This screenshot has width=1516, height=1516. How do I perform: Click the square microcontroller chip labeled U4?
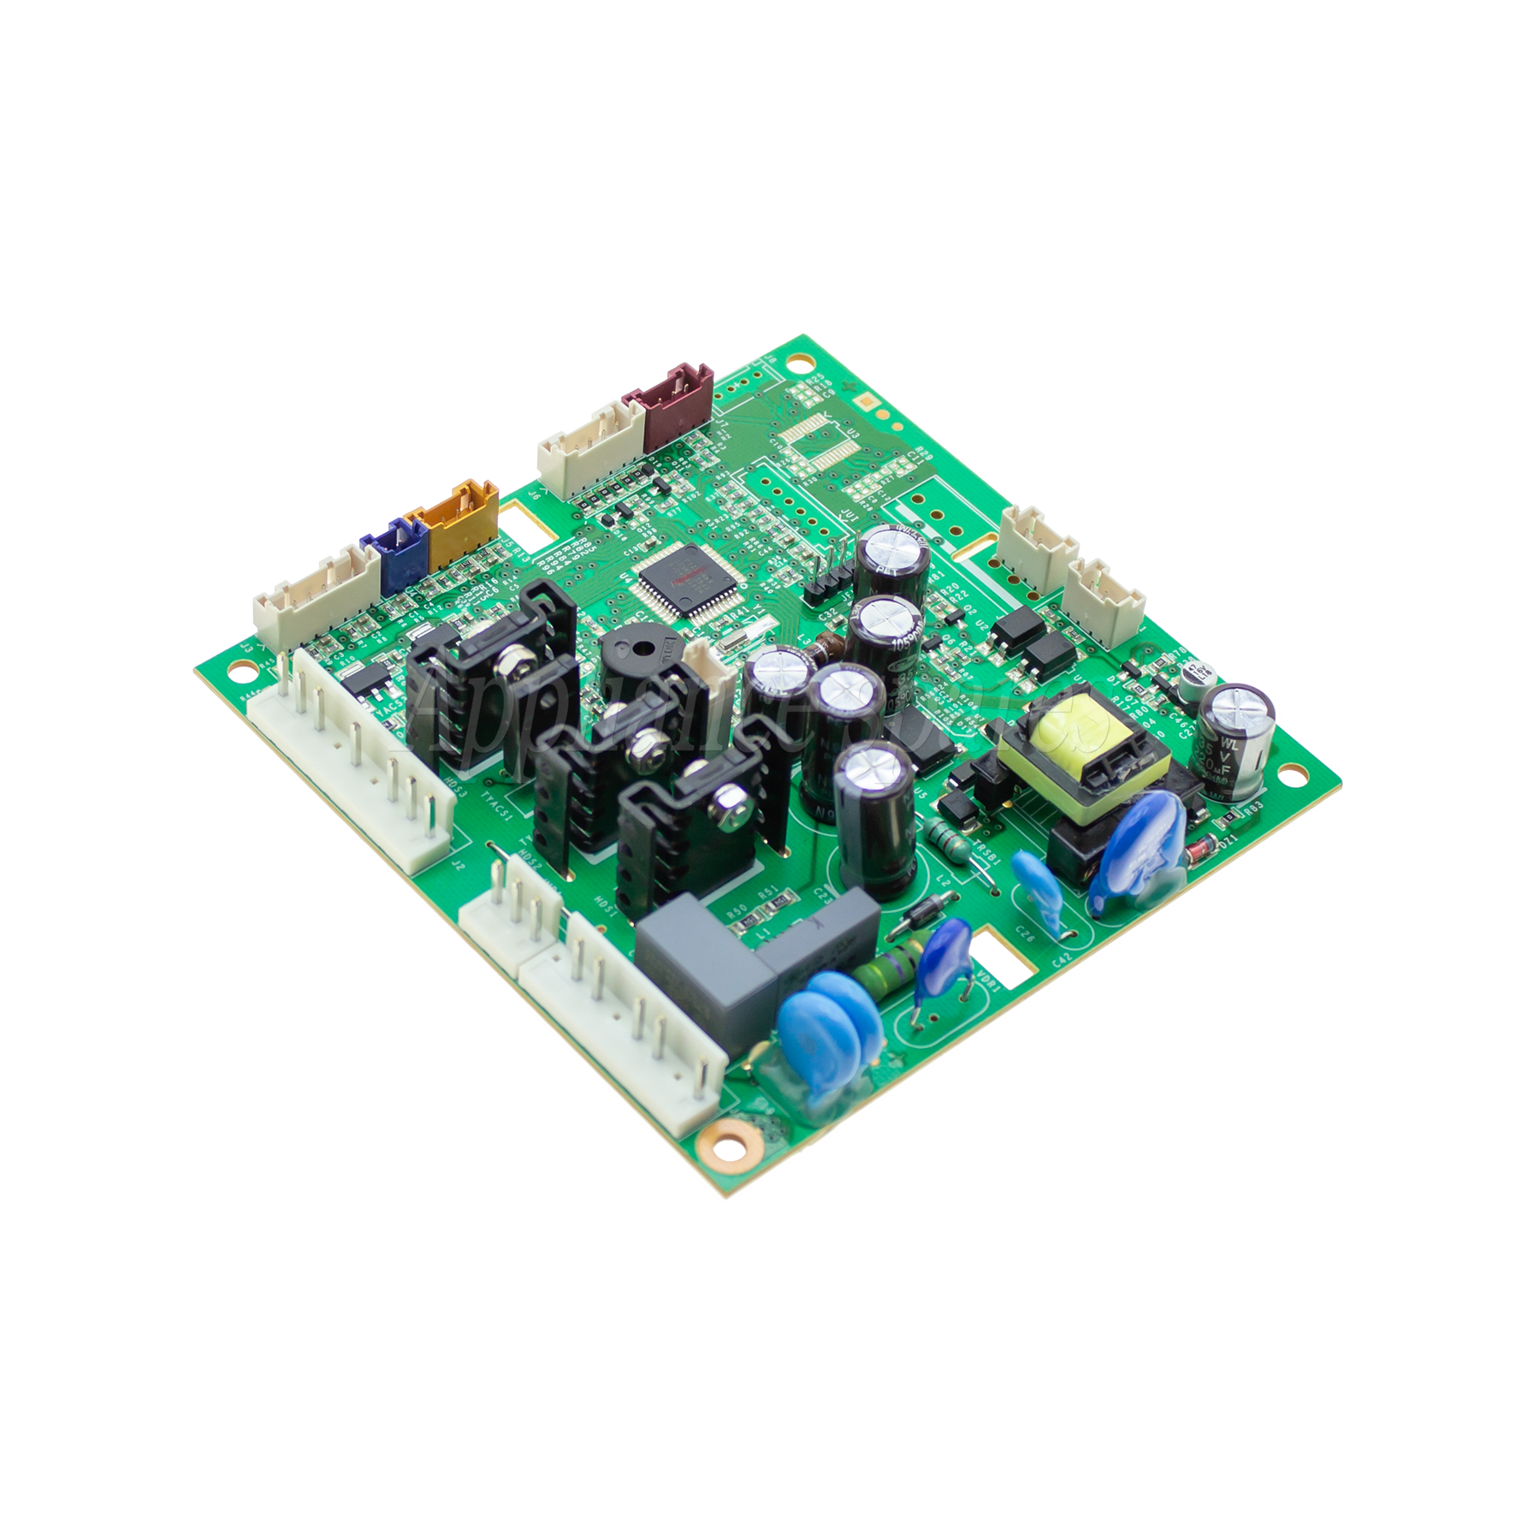tap(676, 577)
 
